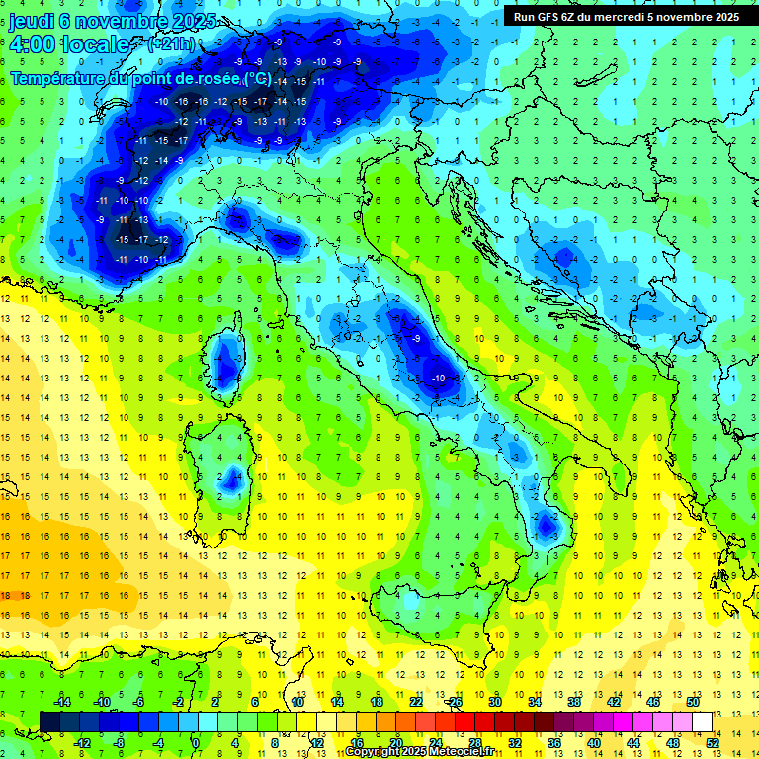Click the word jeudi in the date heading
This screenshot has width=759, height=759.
(34, 21)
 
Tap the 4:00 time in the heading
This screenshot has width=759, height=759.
(34, 44)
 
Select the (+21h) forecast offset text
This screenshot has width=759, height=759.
(171, 44)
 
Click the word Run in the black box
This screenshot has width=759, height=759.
(524, 16)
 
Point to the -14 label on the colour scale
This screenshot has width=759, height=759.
(63, 701)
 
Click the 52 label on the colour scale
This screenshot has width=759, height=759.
(714, 743)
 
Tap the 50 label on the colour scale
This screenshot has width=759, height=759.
(693, 701)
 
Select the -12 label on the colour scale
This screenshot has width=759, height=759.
(82, 743)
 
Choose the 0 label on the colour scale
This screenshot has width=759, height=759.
(196, 743)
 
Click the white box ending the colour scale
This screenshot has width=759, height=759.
(703, 721)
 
